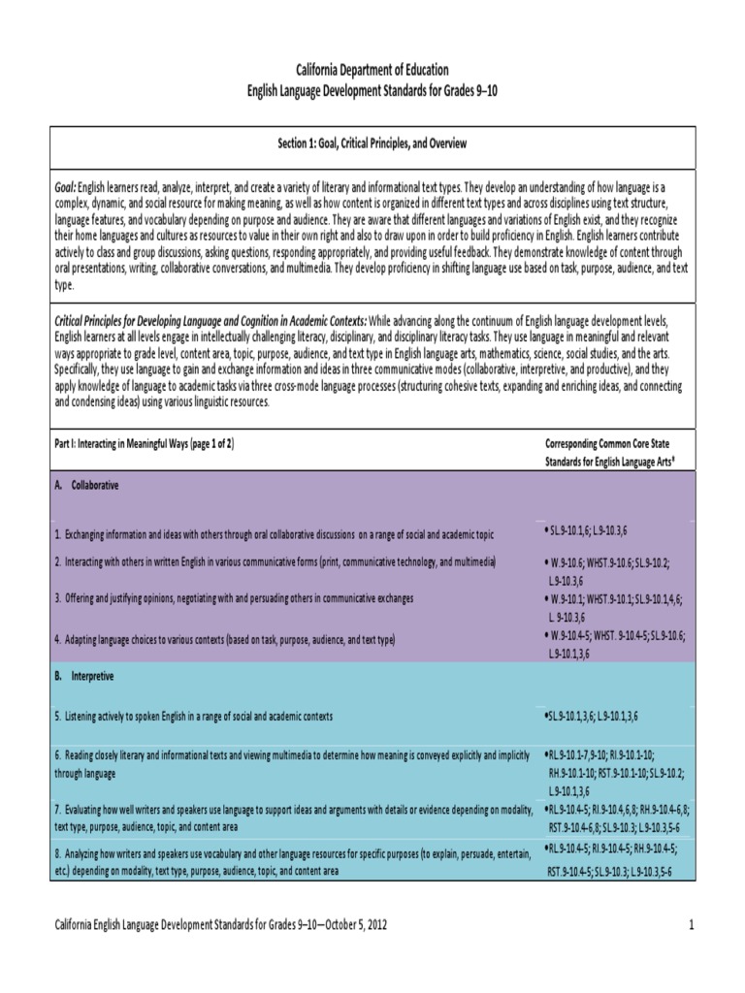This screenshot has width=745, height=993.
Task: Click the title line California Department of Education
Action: pyautogui.click(x=372, y=70)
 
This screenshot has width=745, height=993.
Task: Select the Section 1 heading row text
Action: pyautogui.click(x=372, y=144)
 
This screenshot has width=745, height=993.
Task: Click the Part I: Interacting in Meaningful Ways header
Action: pyautogui.click(x=144, y=442)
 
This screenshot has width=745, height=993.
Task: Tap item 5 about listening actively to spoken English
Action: pyautogui.click(x=193, y=716)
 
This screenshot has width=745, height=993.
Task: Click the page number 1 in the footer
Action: pyautogui.click(x=693, y=925)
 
